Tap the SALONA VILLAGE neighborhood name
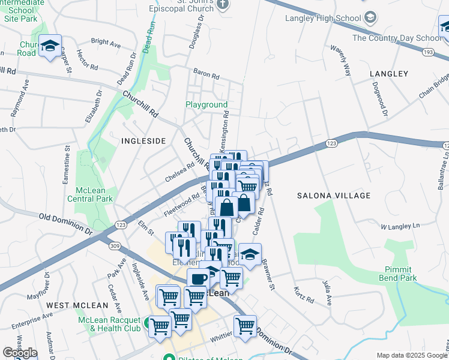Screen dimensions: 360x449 point(334,196)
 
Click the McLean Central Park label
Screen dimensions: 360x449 point(90,194)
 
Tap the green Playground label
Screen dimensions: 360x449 point(206,104)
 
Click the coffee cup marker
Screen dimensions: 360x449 point(199,279)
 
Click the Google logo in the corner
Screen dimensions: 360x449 point(19,353)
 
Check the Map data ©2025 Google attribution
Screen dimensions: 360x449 point(412,355)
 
